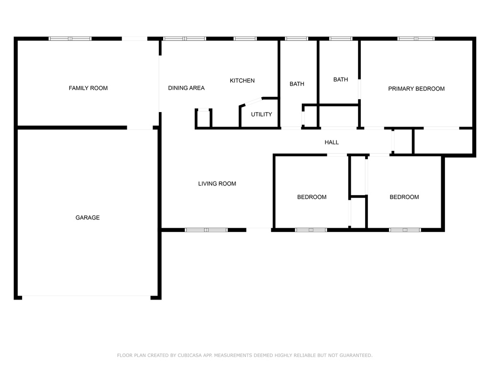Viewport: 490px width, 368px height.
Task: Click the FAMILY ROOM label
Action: tap(88, 88)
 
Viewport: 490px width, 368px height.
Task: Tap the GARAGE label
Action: tap(88, 218)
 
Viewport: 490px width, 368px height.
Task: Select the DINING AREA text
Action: tap(186, 88)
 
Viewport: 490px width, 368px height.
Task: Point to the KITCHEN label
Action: tap(242, 80)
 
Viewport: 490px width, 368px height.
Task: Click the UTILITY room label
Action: tap(262, 115)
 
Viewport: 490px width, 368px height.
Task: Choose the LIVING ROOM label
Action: tap(217, 184)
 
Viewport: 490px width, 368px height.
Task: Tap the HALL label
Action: tap(332, 142)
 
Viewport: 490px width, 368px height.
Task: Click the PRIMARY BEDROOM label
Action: tap(416, 89)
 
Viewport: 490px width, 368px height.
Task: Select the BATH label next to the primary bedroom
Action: tap(341, 80)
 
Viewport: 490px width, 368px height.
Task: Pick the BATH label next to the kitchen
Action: tap(297, 84)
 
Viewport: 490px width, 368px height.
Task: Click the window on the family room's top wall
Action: tap(70, 39)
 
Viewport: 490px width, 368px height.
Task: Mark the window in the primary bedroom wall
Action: tap(416, 39)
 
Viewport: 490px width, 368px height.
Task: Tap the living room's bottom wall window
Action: tap(206, 230)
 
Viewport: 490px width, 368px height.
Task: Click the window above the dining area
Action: tap(185, 39)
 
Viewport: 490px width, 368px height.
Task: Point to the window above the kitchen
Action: tap(245, 39)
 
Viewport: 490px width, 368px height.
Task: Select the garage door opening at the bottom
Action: tap(86, 296)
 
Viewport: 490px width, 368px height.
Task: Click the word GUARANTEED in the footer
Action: tap(356, 356)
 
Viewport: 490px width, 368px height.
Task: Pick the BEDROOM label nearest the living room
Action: tap(312, 197)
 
